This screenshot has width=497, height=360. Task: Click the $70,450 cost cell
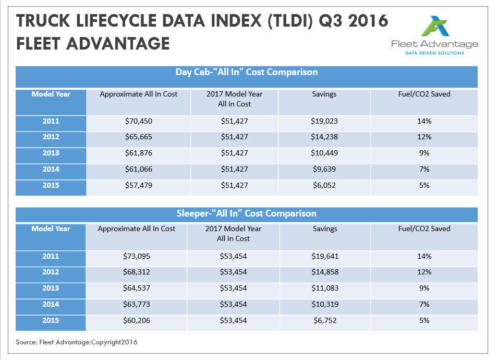(x=138, y=122)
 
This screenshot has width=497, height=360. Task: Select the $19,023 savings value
(x=324, y=122)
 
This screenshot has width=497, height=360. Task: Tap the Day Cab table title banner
(x=247, y=73)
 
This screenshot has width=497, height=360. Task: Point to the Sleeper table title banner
(x=247, y=213)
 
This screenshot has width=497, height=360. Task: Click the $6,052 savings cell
(x=324, y=185)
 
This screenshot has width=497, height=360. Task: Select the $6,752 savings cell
(x=324, y=320)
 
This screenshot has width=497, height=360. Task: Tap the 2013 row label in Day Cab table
(x=51, y=153)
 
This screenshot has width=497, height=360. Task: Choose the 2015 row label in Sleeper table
(x=51, y=320)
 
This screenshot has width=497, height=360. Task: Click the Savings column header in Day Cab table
(x=324, y=94)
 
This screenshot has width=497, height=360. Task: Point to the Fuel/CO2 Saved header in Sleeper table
(x=423, y=229)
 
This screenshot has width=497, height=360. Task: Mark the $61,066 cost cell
(x=138, y=170)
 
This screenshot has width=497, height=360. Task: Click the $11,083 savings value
(x=324, y=288)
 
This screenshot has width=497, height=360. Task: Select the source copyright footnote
(x=77, y=342)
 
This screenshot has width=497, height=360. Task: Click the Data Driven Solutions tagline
(x=434, y=53)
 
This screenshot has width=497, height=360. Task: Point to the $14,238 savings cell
(x=324, y=137)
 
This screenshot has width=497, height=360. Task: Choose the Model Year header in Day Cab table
(x=51, y=94)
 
